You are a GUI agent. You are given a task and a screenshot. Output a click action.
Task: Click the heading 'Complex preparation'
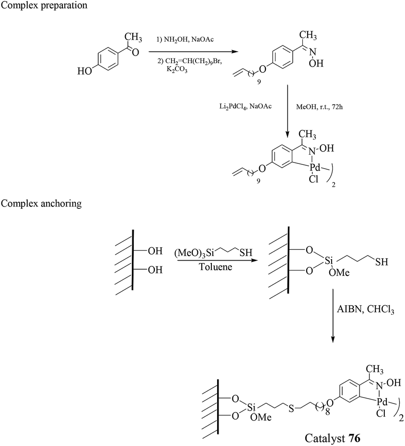point(44,5)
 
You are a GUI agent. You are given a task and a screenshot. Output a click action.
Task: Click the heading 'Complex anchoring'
point(41,204)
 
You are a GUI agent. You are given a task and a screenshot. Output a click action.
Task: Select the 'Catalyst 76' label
point(333,438)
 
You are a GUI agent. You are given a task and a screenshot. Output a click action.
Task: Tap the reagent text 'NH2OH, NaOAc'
point(189,40)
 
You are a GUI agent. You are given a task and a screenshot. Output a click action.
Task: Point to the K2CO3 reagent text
point(177,69)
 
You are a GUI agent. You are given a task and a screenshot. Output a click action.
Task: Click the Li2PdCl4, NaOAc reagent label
point(245,107)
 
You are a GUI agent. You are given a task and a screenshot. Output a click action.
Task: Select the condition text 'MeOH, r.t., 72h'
point(319,107)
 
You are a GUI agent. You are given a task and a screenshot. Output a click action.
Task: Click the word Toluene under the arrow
point(216,267)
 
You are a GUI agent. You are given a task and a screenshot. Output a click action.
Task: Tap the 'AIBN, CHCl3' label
point(365,309)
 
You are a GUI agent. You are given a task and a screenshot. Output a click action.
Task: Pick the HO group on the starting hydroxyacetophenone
point(84,71)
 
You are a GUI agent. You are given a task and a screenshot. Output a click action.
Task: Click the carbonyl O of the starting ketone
point(135,52)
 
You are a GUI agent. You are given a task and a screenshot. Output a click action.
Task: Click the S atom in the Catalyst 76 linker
point(291,409)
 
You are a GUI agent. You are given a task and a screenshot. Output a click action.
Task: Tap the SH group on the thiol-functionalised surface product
point(382,262)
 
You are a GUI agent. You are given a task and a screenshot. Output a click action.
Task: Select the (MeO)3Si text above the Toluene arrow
point(194,253)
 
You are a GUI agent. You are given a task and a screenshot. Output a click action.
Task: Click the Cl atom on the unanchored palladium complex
point(313,179)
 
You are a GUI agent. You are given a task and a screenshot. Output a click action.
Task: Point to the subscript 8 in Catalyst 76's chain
point(327,412)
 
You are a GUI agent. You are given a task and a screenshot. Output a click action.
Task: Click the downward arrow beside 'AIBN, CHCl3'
point(333,316)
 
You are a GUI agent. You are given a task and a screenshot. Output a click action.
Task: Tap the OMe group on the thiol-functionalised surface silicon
point(339,273)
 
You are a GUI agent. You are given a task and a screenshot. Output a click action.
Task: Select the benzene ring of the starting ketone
point(108,60)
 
